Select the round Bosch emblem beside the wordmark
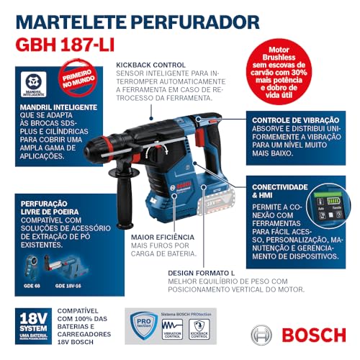(261, 335)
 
